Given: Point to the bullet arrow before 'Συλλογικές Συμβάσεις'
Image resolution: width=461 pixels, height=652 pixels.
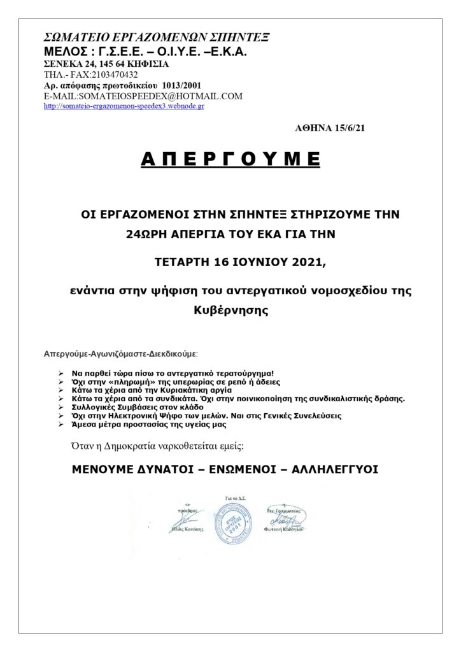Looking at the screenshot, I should (x=60, y=406).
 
